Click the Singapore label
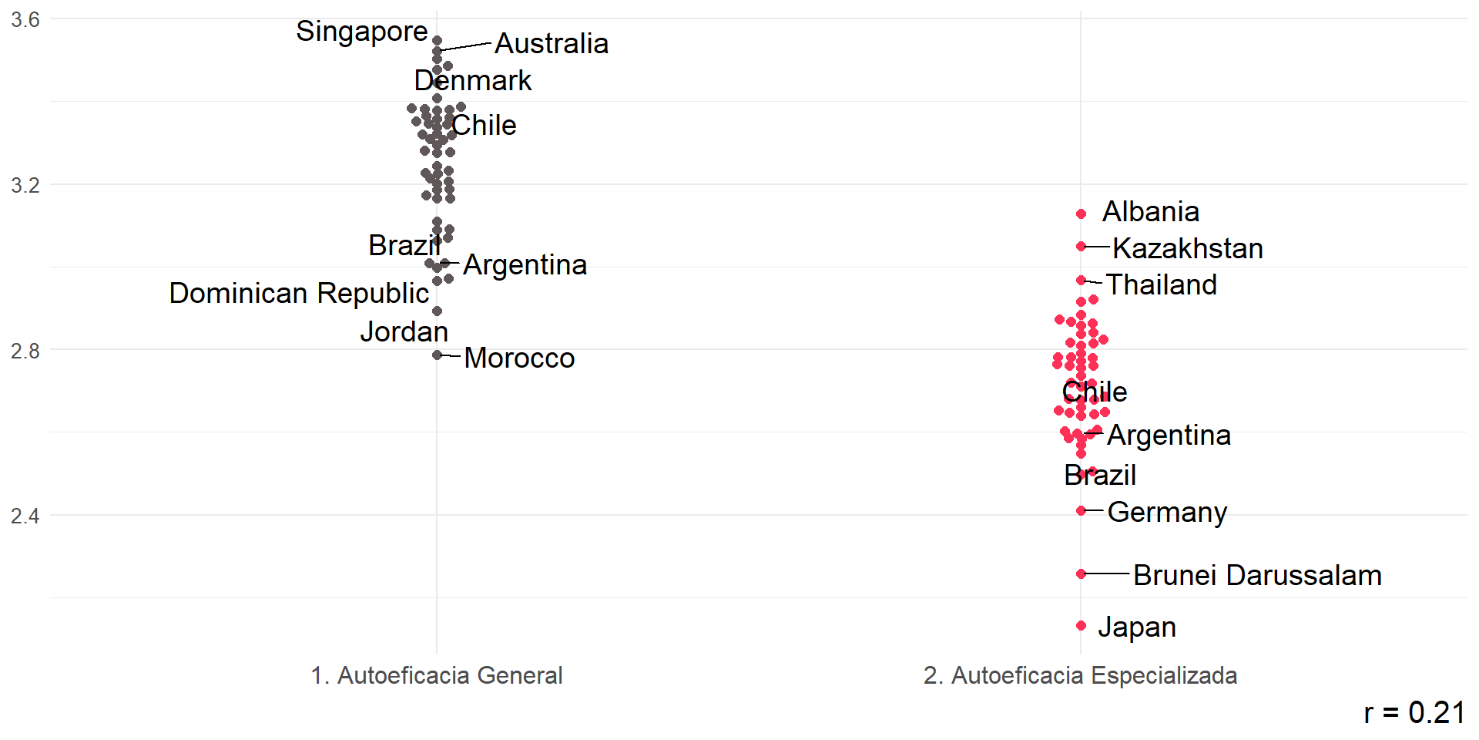tap(361, 32)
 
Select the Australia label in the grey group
tap(551, 44)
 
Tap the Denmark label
tap(472, 81)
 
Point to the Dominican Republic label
tap(299, 294)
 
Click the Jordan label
tap(404, 332)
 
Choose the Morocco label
tap(519, 358)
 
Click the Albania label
tap(1150, 212)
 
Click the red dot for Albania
tap(1082, 214)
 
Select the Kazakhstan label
tap(1187, 249)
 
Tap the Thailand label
tap(1161, 285)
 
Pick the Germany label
tap(1167, 513)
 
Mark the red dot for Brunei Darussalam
tap(1082, 574)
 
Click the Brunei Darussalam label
tap(1257, 576)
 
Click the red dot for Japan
tap(1082, 626)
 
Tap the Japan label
tap(1137, 627)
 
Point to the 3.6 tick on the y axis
tap(25, 20)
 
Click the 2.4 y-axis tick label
tap(25, 516)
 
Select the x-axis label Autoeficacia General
tap(436, 676)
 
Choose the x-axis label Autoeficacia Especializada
tap(1080, 676)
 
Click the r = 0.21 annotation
tap(1414, 713)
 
